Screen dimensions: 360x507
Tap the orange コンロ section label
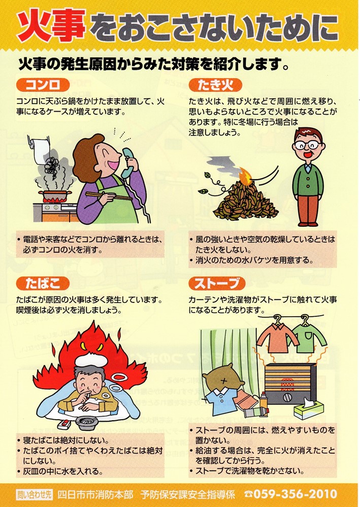(x=43, y=85)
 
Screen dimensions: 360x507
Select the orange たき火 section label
(x=215, y=85)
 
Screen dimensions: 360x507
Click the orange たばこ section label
(x=43, y=284)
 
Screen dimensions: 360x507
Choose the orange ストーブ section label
(x=217, y=284)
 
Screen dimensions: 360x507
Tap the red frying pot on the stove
(x=54, y=195)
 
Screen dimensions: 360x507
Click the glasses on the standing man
(x=308, y=144)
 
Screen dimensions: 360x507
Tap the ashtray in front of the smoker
(x=86, y=422)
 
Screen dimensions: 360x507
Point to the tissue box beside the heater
(x=308, y=409)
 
